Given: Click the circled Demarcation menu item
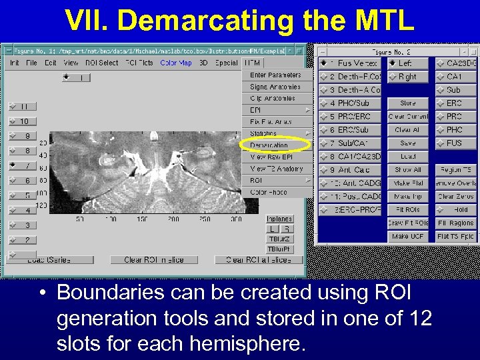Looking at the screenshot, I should pos(270,145).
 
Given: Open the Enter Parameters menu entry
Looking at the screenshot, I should pos(275,75).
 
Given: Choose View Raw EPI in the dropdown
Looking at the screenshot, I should pos(271,157).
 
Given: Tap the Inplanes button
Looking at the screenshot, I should pos(279,219).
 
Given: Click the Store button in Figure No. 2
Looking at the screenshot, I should pos(408,103).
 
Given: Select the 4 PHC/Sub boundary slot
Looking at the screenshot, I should pos(350,103).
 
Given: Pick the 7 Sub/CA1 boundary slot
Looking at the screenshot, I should pos(350,143).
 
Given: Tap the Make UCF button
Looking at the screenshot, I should pos(409,237).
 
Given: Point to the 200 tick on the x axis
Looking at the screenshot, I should pos(173,219).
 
